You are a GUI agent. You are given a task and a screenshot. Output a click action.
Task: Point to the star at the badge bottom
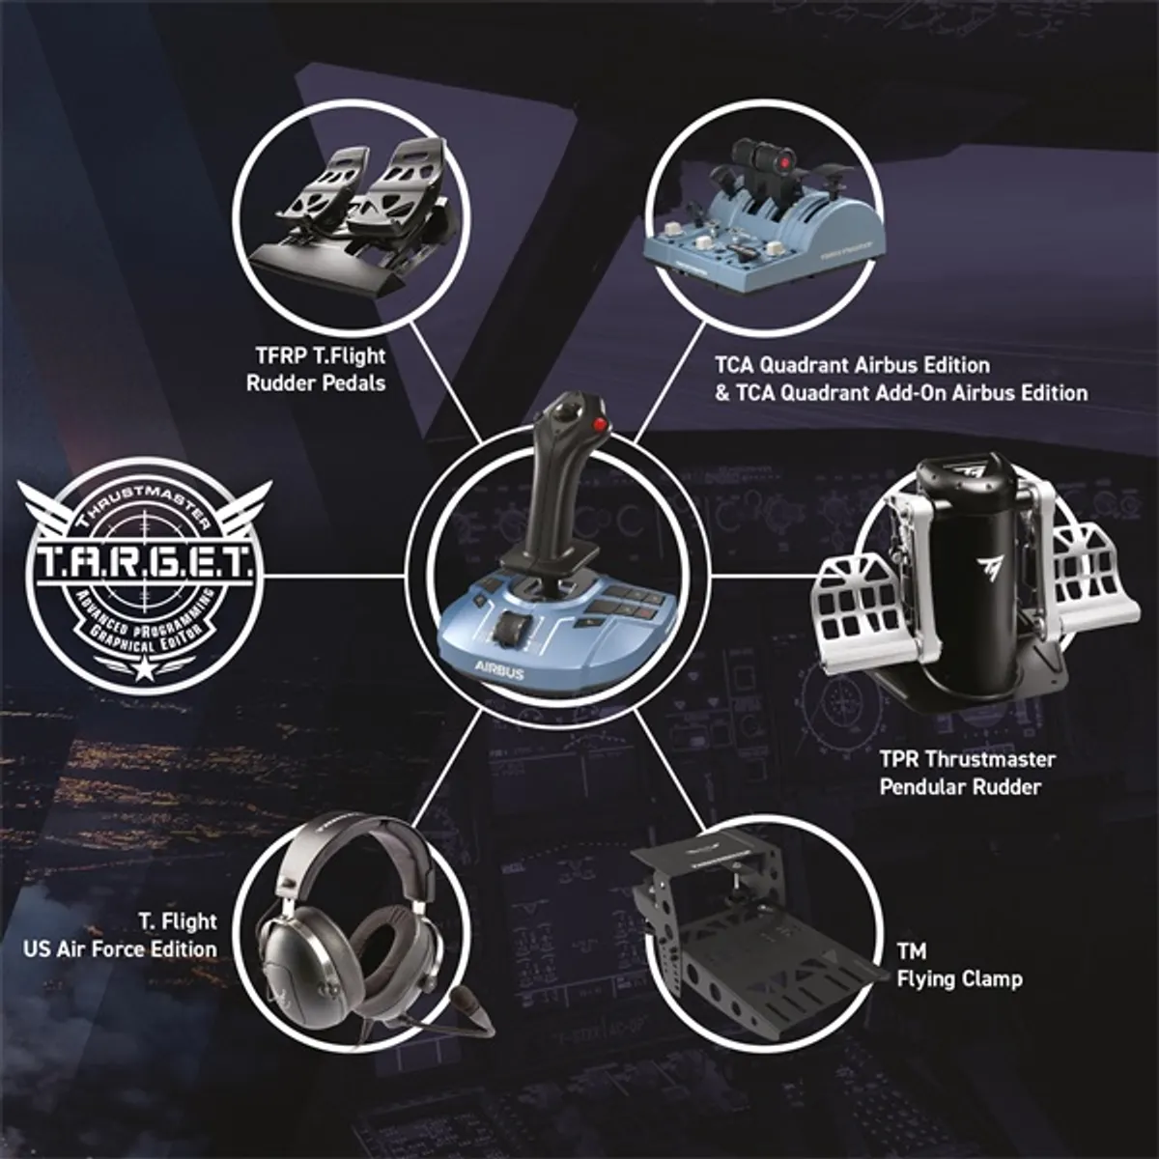coord(146,665)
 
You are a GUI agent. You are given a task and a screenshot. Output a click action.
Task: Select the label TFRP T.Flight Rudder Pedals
coord(316,370)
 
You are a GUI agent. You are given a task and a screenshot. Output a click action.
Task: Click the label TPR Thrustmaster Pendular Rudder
coord(967,773)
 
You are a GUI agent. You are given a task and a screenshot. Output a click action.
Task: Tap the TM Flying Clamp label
coord(958,966)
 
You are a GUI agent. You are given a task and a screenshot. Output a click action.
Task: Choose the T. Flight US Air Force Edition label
coord(121,935)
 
